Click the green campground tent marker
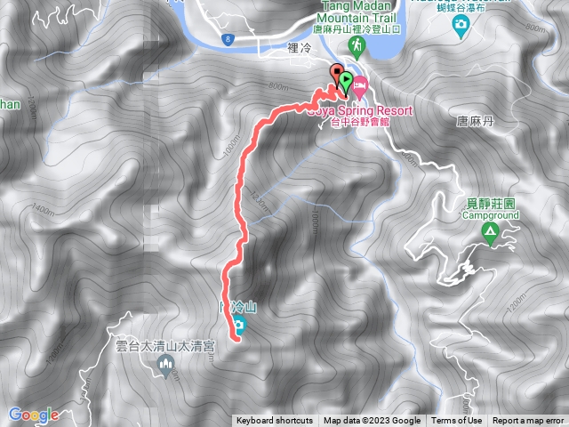(489, 234)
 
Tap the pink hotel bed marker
(360, 88)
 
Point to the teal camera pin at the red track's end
(238, 325)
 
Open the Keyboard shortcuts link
(275, 421)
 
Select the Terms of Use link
(457, 421)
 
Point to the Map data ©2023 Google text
(372, 421)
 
